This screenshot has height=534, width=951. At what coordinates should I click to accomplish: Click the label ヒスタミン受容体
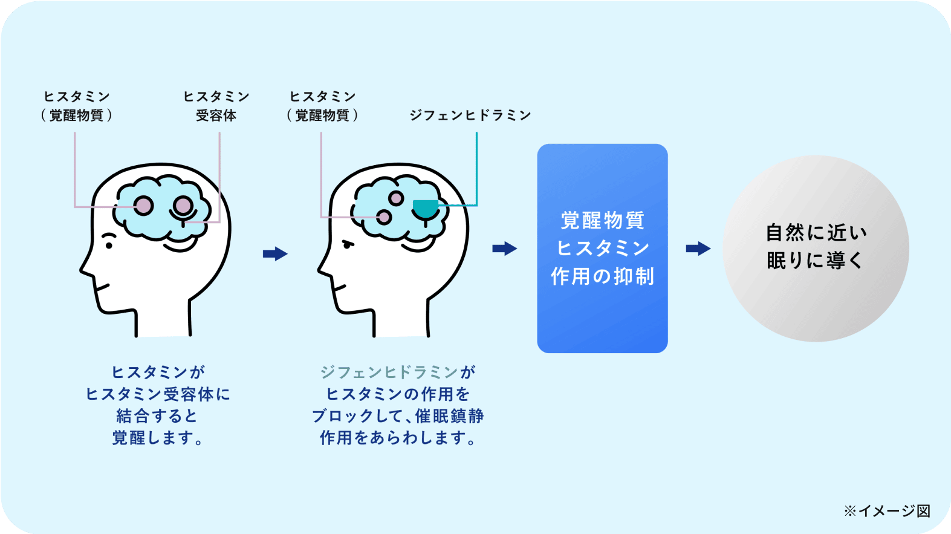click(216, 106)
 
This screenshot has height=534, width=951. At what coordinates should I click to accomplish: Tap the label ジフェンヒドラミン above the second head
click(470, 115)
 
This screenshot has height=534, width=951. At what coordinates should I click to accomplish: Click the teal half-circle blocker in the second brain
click(426, 207)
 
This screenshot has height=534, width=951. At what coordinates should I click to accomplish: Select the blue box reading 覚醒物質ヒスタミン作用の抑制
click(602, 248)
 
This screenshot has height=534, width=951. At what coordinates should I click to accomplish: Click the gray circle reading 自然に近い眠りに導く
click(816, 248)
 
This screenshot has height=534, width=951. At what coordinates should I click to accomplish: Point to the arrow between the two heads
click(275, 253)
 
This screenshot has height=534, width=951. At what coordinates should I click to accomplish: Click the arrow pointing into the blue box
click(504, 249)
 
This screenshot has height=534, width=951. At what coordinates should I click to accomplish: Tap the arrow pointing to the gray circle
click(698, 249)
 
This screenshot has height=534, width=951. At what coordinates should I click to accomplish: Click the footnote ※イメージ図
click(887, 511)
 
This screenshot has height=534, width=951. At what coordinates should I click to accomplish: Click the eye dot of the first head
click(109, 246)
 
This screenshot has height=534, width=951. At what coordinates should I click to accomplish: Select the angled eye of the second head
click(349, 244)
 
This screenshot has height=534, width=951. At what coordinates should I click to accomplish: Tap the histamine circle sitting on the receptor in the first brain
click(183, 206)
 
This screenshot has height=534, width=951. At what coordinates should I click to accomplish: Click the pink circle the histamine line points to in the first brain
click(144, 206)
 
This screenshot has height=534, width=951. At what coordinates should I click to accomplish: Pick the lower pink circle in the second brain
click(384, 217)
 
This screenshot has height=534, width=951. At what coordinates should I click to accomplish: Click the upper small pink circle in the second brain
click(396, 198)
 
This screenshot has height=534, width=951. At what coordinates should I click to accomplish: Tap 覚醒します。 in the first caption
click(158, 438)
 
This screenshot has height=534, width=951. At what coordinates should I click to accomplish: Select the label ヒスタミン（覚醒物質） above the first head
click(77, 106)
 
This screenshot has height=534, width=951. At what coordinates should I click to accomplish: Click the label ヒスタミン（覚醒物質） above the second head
click(322, 106)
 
